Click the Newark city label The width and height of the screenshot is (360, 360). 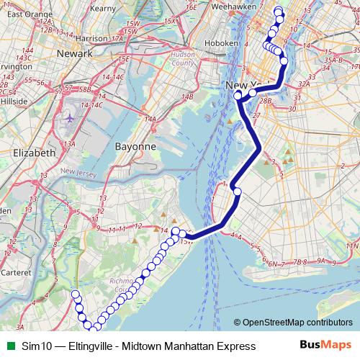[x=75, y=54]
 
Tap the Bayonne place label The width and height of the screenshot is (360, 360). [x=135, y=146]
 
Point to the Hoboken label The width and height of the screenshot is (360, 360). [x=223, y=43]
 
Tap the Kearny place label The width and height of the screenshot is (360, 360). [x=104, y=8]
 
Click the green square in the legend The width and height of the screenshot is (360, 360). [x=7, y=346]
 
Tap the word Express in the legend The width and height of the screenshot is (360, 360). [x=235, y=346]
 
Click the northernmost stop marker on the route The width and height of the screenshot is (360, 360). [x=279, y=10]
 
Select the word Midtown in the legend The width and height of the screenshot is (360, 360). [x=146, y=346]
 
